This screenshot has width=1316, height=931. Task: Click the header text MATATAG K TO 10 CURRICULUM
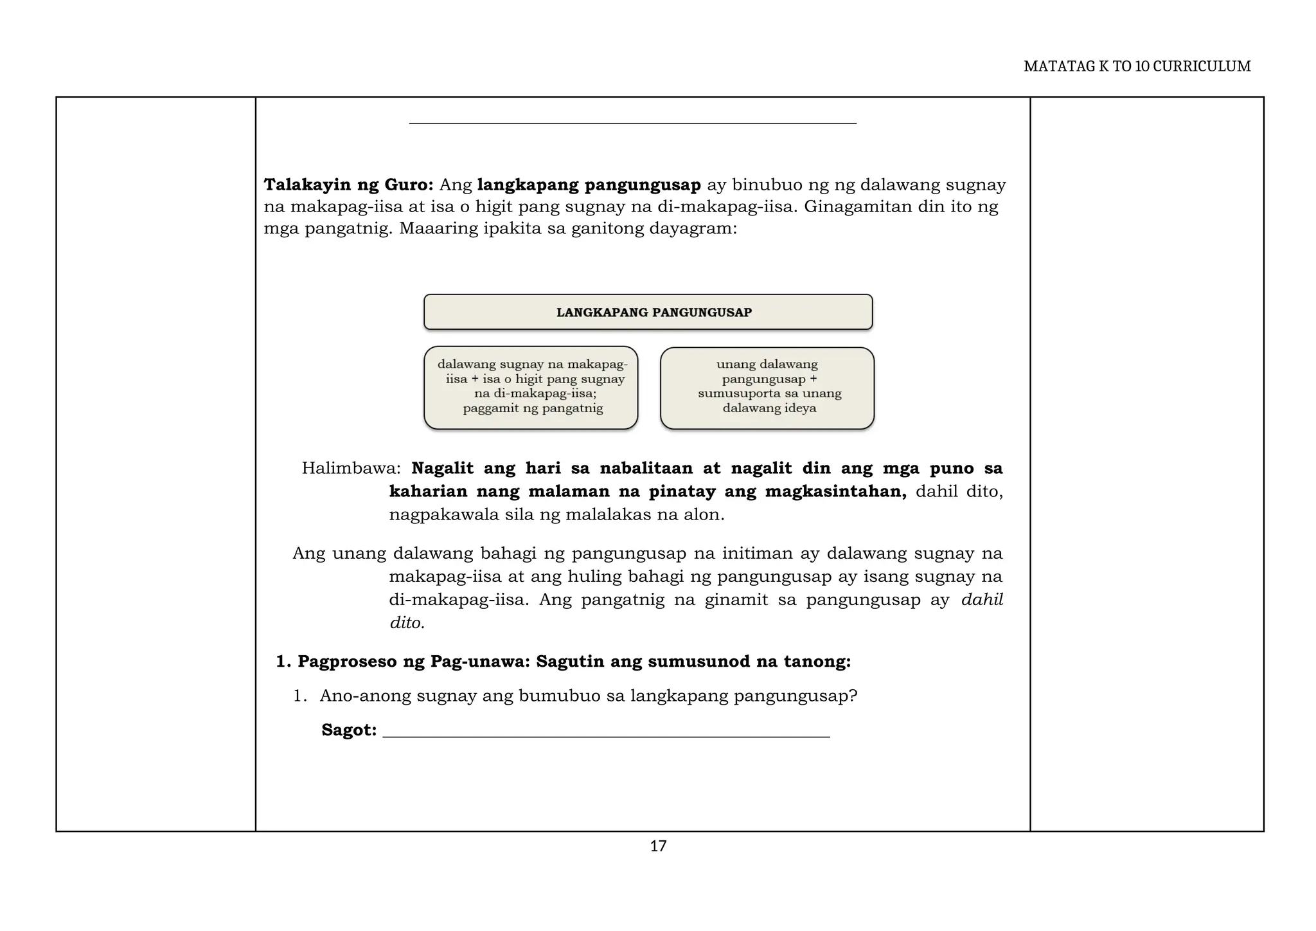pos(1137,67)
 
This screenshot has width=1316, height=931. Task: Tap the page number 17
pos(658,846)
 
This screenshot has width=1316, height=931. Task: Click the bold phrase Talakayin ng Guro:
pos(349,185)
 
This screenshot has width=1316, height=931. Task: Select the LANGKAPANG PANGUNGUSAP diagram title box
pos(648,312)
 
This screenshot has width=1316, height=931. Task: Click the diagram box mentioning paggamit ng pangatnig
pos(531,388)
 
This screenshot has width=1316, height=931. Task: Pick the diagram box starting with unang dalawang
pos(767,388)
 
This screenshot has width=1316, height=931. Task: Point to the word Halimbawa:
pos(351,468)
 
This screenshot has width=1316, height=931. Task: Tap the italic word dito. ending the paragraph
pos(407,623)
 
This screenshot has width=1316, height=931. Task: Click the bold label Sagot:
pos(349,730)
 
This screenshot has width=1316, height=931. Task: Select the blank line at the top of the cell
pos(632,122)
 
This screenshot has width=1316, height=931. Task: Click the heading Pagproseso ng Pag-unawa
pos(411,662)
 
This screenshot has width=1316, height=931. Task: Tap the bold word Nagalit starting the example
pos(442,468)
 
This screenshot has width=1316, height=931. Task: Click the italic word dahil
pos(981,600)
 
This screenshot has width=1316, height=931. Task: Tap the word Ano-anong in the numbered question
pos(366,696)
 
